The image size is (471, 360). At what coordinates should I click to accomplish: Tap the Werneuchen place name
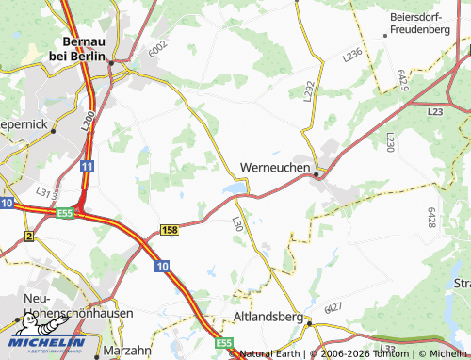[x=276, y=167]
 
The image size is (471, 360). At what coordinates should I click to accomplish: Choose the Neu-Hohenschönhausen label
[x=65, y=305]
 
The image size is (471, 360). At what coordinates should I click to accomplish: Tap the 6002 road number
[x=157, y=44]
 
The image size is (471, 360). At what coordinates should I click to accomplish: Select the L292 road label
[x=308, y=90]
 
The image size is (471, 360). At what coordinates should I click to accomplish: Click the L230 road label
[x=390, y=141]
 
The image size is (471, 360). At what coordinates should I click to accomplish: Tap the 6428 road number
[x=431, y=218]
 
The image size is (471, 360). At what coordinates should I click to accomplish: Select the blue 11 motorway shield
[x=86, y=166]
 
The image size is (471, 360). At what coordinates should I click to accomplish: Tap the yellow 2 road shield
[x=29, y=236]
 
